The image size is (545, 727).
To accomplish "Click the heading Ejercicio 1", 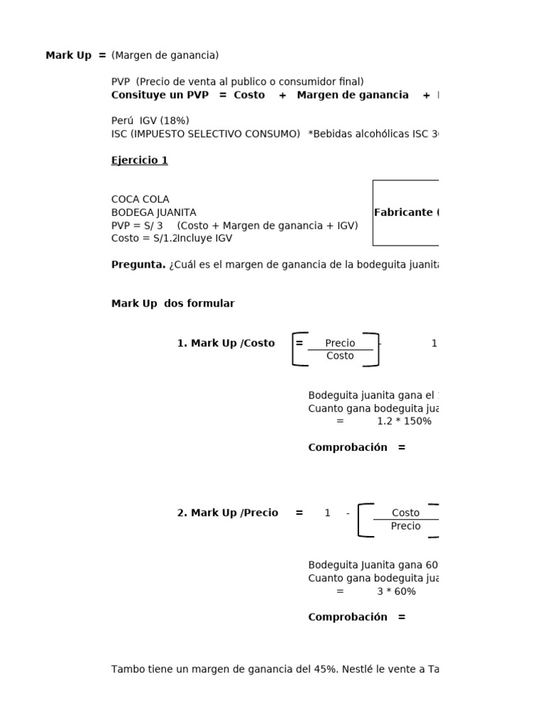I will pyautogui.click(x=139, y=160).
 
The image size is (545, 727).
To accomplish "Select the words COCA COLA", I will pyautogui.click(x=140, y=199).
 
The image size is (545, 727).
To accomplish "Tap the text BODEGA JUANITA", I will pyautogui.click(x=153, y=212).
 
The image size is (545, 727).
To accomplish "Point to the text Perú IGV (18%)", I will pyautogui.click(x=150, y=121).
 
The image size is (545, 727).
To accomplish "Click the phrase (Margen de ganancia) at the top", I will pyautogui.click(x=165, y=55).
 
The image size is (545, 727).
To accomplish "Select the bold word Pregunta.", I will pyautogui.click(x=138, y=265).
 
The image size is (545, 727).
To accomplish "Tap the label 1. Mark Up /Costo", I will pyautogui.click(x=226, y=343).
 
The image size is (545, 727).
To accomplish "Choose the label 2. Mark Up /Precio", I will pyautogui.click(x=227, y=513).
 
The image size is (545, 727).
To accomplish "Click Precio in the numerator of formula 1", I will pyautogui.click(x=340, y=343).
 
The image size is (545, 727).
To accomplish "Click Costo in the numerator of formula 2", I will pyautogui.click(x=405, y=513).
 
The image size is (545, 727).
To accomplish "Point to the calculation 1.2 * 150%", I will pyautogui.click(x=404, y=421).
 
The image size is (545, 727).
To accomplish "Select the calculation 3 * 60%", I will pyautogui.click(x=396, y=591).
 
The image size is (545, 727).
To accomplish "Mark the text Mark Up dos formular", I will pyautogui.click(x=172, y=304).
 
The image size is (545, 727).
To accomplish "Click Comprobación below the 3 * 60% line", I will pyautogui.click(x=348, y=617).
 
